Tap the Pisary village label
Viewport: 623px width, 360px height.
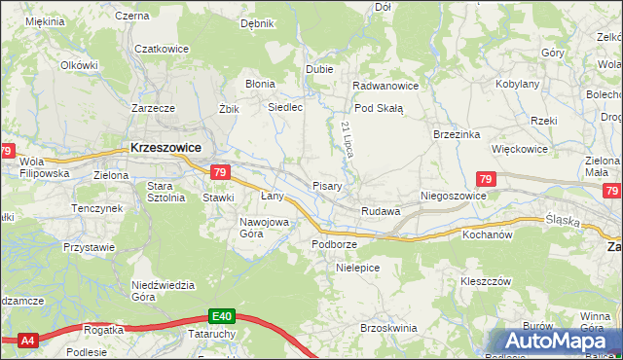pyautogui.click(x=326, y=186)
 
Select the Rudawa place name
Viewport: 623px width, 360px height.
pyautogui.click(x=381, y=211)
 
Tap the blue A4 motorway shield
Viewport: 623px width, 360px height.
pyautogui.click(x=27, y=340)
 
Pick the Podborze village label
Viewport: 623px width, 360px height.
pyautogui.click(x=334, y=243)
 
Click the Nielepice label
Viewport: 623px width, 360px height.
pyautogui.click(x=356, y=266)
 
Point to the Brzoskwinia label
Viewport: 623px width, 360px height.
pyautogui.click(x=388, y=329)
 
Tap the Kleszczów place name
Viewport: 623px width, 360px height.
pyautogui.click(x=486, y=280)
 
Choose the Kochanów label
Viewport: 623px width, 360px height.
pyautogui.click(x=487, y=234)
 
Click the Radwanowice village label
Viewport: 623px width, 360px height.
pyautogui.click(x=385, y=85)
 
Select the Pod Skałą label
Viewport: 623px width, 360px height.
pyautogui.click(x=378, y=109)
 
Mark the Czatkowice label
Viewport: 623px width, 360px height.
pyautogui.click(x=161, y=49)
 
